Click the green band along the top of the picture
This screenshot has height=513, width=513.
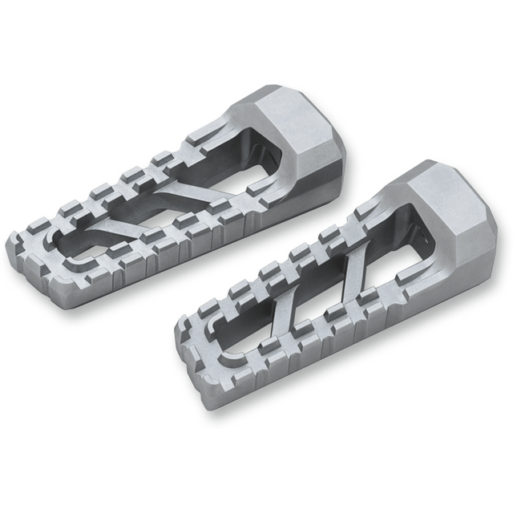(256, 40)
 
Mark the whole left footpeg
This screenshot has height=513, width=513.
(168, 192)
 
